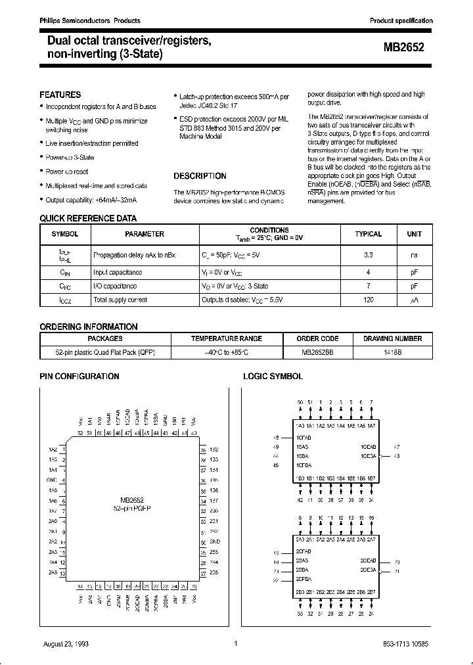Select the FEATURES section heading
pos(60,95)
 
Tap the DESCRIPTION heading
pos(200,176)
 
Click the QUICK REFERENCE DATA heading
pos(88,219)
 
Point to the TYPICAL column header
pos(368,234)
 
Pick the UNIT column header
pos(414,234)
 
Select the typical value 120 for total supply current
pos(368,300)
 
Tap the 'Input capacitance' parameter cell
pos(118,271)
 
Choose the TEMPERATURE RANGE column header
pos(227,339)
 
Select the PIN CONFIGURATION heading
pos(79,377)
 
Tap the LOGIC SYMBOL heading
pos(273,377)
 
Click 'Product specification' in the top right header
pos(401,21)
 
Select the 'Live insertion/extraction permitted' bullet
pos(92,143)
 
